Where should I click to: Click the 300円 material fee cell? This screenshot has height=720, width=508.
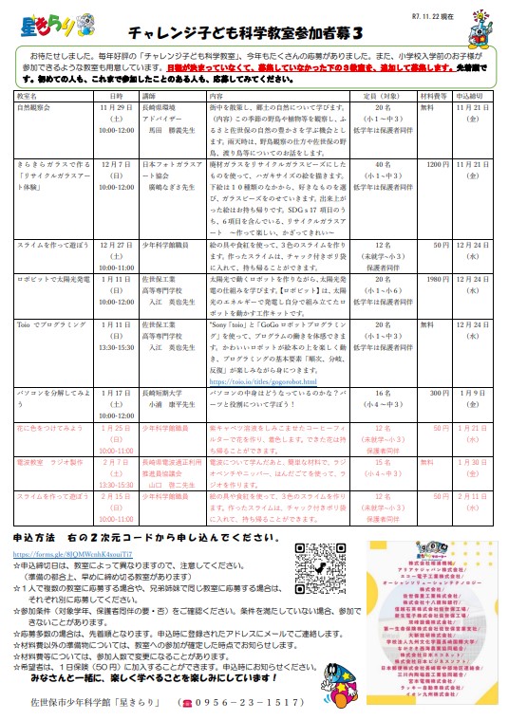(440, 392)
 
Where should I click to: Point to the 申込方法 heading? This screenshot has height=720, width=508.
(40, 536)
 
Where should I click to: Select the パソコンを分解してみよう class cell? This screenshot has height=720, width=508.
(52, 392)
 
